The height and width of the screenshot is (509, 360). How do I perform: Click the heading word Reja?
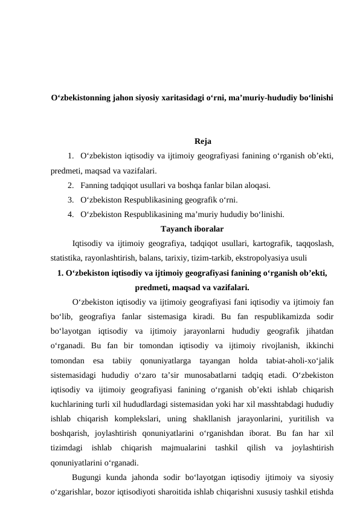click(203, 142)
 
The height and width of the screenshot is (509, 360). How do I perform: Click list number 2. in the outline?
click(72, 186)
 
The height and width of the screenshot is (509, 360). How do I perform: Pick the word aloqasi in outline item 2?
click(257, 186)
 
